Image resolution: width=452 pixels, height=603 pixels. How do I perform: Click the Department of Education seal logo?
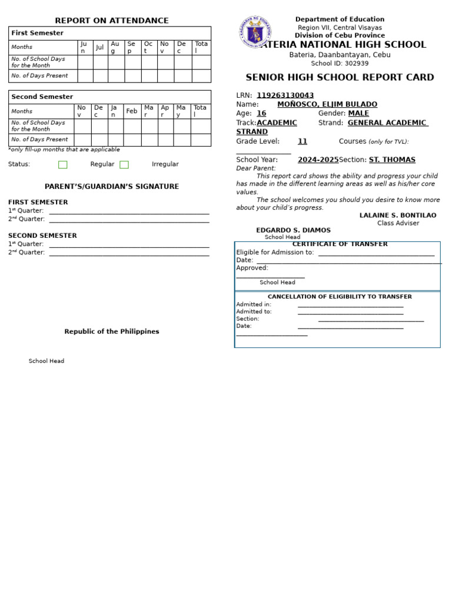click(255, 32)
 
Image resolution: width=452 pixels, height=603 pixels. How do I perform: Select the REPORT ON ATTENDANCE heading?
click(112, 21)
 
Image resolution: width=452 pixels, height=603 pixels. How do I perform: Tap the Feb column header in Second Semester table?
click(132, 111)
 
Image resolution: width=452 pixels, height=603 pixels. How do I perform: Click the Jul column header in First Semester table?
click(100, 47)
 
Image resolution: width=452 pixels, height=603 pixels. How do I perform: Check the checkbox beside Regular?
click(63, 165)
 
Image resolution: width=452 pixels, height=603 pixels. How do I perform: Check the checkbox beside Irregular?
click(124, 165)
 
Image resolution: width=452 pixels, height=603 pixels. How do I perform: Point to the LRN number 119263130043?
click(285, 95)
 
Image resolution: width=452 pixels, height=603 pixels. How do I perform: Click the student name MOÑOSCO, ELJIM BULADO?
click(327, 104)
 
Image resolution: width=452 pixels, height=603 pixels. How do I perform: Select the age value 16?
click(261, 113)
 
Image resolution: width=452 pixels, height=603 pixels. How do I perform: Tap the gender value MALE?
click(358, 113)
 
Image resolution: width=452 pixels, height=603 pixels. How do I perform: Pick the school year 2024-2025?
click(318, 160)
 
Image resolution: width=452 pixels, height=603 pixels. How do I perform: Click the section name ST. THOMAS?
click(392, 160)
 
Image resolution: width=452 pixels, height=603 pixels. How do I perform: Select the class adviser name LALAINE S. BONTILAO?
click(398, 216)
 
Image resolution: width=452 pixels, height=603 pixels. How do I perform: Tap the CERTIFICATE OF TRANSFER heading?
click(340, 244)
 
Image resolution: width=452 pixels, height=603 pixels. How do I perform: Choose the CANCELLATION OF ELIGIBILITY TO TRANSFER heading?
click(340, 297)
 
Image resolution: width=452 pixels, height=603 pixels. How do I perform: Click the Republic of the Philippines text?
click(112, 332)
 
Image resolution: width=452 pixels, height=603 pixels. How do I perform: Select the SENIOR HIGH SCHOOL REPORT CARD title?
click(340, 78)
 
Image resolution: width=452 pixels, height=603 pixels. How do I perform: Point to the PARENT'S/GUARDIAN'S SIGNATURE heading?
click(112, 187)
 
